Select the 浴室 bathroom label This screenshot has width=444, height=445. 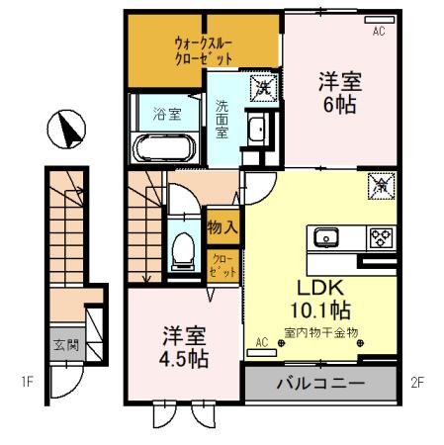166,114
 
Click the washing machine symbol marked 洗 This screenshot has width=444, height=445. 262,87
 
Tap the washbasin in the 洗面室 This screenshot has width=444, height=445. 259,131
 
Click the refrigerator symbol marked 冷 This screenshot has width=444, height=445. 380,185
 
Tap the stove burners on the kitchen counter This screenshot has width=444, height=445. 380,237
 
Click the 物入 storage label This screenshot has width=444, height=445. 222,227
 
